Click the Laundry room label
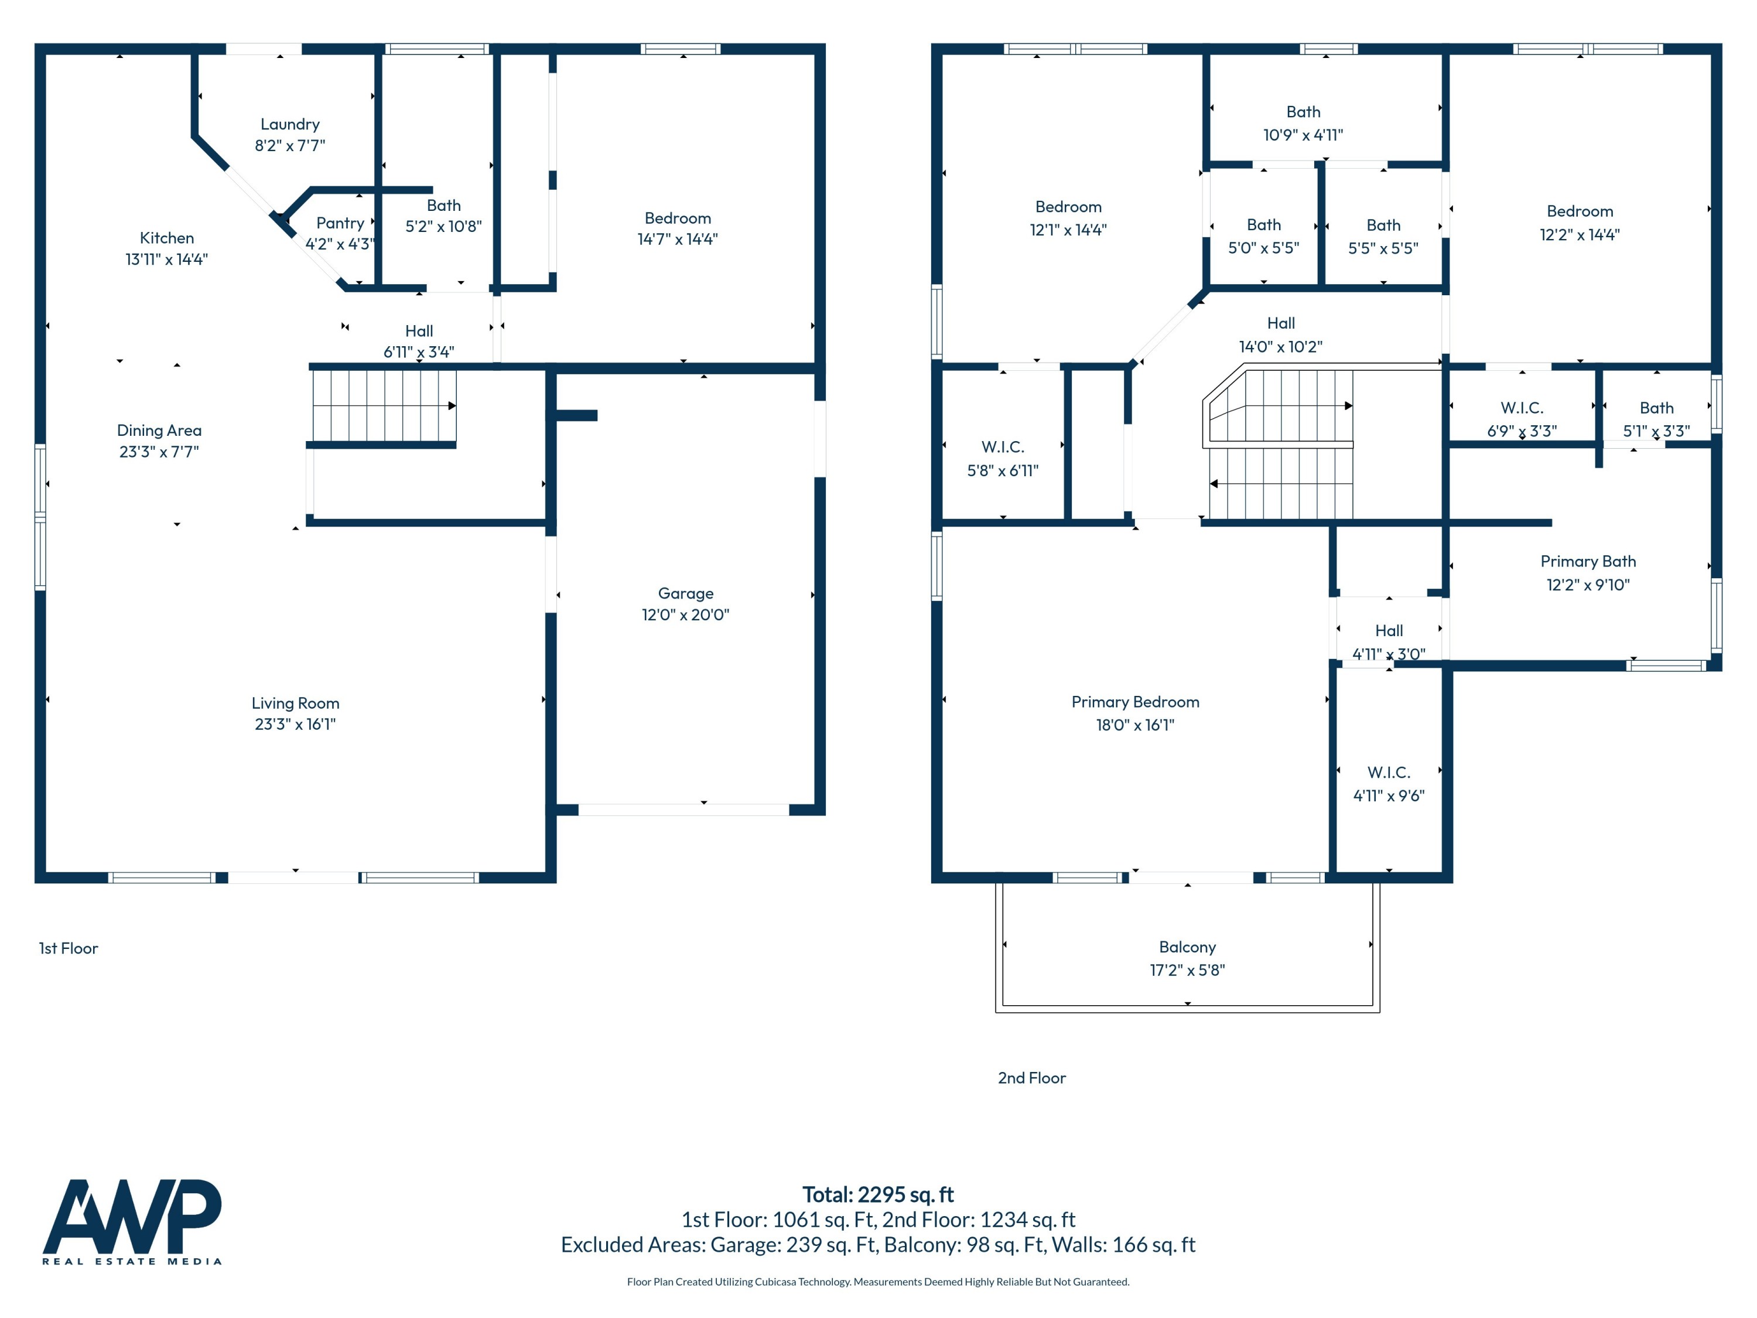coord(290,124)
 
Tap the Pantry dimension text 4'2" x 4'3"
coord(339,244)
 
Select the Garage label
coord(685,593)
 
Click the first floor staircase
coord(384,406)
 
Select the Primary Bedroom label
coord(1135,702)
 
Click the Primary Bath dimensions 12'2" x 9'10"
coord(1588,585)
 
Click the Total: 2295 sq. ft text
coord(878,1194)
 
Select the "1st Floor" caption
coord(69,948)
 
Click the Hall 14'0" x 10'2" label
coord(1280,323)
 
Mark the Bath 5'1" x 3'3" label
coord(1656,408)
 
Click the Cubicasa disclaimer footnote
coord(878,1282)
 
